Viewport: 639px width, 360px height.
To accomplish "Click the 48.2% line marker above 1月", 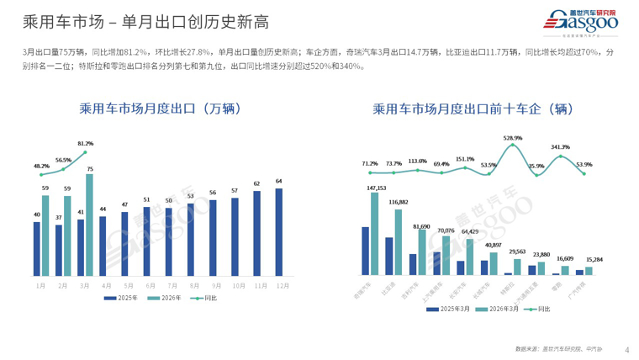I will [x=41, y=175].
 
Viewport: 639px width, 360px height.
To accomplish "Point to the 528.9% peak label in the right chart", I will [x=512, y=137].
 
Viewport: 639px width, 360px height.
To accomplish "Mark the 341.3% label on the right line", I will [x=560, y=147].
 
